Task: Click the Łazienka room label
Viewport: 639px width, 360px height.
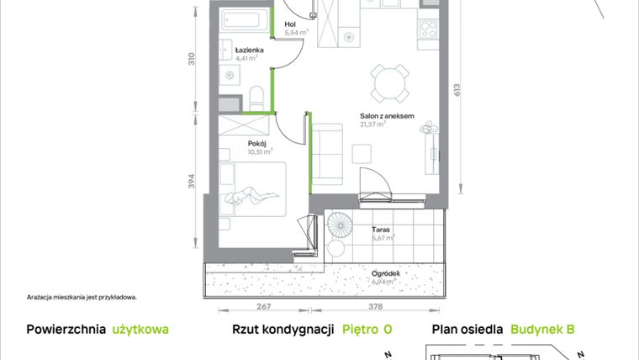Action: coord(251,50)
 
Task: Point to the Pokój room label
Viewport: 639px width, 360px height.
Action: coord(256,143)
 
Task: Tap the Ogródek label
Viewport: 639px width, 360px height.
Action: coord(384,273)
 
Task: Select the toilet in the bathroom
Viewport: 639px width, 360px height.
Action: coord(258,93)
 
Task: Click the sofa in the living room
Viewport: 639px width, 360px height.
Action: coord(328,155)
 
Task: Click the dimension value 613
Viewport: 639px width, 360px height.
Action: coord(458,90)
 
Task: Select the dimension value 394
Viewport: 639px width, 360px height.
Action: coord(192,182)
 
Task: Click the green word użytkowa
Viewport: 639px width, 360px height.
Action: coord(141,331)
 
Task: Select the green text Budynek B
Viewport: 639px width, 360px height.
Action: coord(542,331)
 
